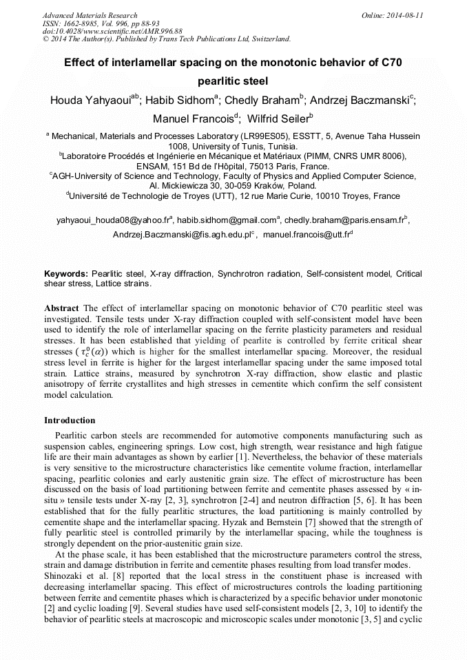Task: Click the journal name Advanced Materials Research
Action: [x=90, y=15]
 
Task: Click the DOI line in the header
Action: [x=113, y=32]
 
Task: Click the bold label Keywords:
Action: [x=66, y=273]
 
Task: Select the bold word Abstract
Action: [x=62, y=307]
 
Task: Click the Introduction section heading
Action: [x=70, y=420]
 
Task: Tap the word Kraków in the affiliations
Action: [x=254, y=186]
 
